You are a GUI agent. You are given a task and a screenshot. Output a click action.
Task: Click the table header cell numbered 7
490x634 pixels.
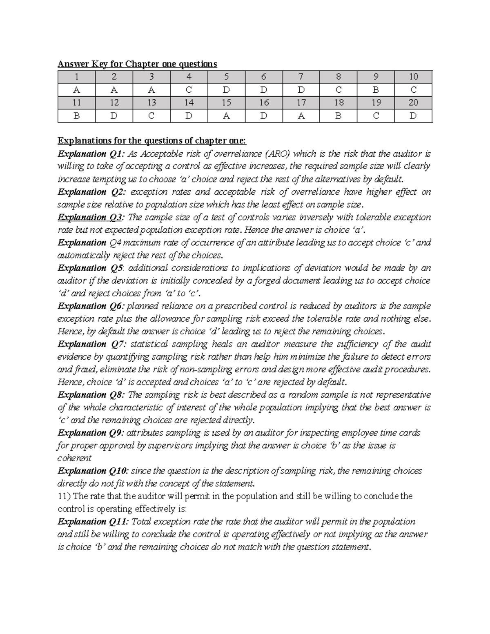[x=301, y=77]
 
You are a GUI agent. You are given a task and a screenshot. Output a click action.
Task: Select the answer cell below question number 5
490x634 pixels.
[x=226, y=90]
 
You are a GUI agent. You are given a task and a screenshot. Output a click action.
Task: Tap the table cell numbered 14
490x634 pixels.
[x=189, y=103]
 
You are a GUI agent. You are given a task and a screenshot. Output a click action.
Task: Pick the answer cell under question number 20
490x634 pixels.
[x=413, y=116]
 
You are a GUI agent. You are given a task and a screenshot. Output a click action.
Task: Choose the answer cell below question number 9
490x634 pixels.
[x=376, y=90]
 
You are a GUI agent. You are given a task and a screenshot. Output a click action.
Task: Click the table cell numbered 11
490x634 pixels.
[x=76, y=103]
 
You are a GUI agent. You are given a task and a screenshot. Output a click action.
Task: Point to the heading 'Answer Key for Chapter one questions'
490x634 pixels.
[x=137, y=64]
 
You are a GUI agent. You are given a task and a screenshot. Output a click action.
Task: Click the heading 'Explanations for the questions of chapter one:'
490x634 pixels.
[x=152, y=141]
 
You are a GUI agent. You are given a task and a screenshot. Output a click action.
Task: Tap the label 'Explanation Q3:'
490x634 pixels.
[x=90, y=217]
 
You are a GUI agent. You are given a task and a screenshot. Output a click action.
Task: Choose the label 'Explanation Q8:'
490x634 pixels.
[x=91, y=395]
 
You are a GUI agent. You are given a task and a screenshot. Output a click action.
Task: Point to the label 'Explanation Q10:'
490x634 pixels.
[x=93, y=471]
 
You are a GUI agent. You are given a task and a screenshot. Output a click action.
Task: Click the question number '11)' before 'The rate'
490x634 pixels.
[x=64, y=496]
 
